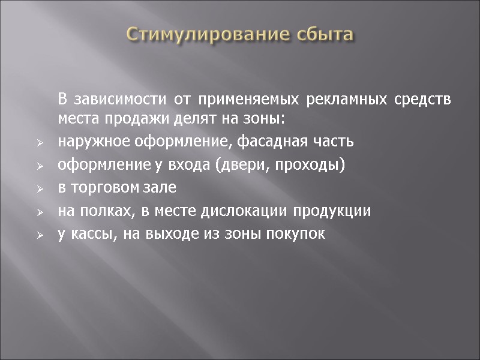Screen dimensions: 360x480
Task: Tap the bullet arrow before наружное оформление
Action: [x=40, y=143]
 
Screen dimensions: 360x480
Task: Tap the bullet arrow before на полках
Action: [x=40, y=212]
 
